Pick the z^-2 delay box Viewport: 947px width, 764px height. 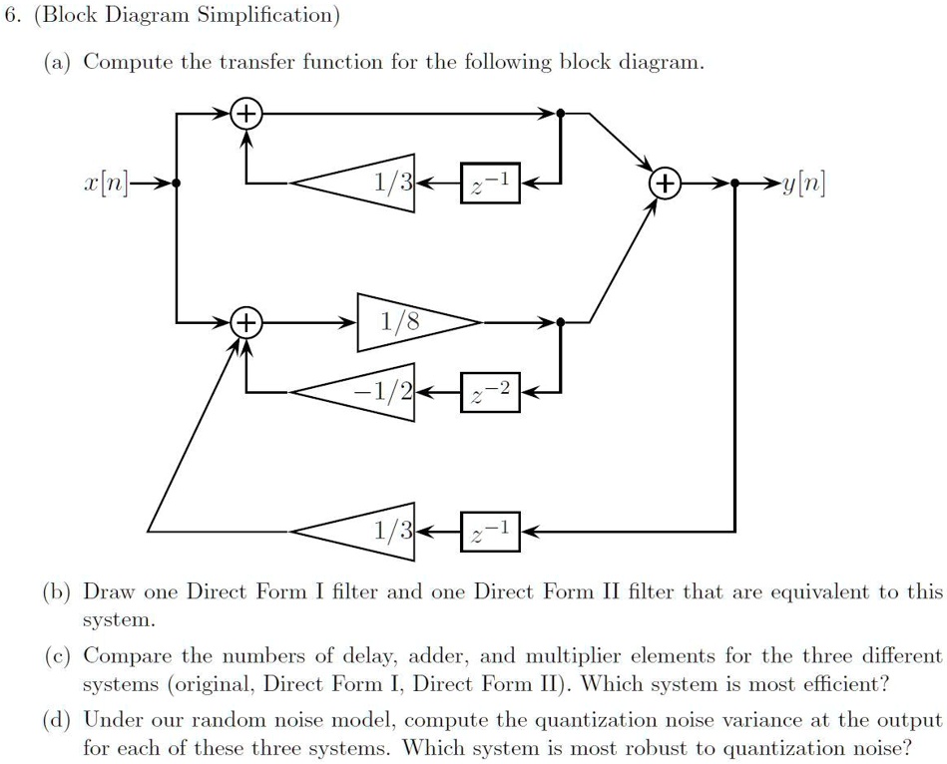pos(490,391)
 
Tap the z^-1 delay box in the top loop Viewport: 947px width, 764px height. pos(490,184)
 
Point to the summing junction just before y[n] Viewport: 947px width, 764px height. pos(665,184)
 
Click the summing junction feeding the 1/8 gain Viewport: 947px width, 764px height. pos(244,322)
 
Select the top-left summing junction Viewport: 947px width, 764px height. pos(244,115)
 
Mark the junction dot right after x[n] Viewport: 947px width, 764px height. pos(177,184)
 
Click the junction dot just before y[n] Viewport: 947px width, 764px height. pos(734,184)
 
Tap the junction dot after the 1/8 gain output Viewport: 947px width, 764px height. pos(561,322)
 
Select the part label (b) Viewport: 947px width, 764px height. pos(57,591)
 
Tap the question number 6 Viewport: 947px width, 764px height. pos(9,15)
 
